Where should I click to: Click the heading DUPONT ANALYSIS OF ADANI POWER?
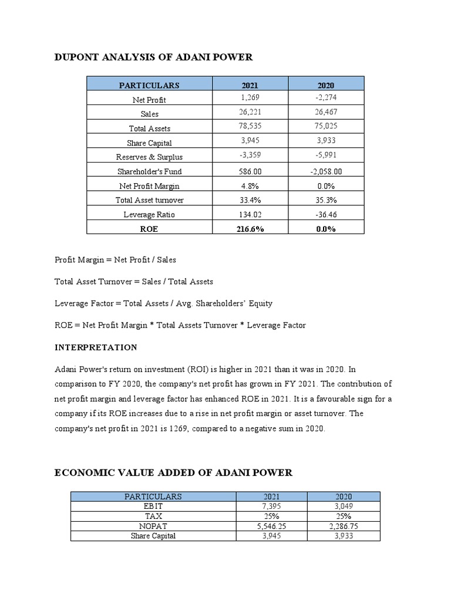click(153, 57)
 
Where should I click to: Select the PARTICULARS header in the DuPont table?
click(149, 85)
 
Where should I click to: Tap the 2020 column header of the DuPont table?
click(325, 85)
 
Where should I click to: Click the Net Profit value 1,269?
click(250, 97)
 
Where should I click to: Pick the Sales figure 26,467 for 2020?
click(325, 112)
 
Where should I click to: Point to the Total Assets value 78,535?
click(250, 126)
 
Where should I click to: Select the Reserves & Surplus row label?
click(149, 157)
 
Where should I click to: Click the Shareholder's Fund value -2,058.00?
click(325, 171)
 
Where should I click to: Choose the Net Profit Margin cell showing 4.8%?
click(250, 185)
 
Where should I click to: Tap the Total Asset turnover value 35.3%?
click(325, 200)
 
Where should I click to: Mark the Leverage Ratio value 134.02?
click(250, 214)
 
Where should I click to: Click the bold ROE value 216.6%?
click(250, 229)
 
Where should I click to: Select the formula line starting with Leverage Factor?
click(163, 303)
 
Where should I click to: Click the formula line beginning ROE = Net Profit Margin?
click(180, 325)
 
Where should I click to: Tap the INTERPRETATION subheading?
click(96, 347)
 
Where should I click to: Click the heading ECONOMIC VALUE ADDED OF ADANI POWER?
click(173, 472)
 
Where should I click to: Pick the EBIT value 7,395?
click(271, 505)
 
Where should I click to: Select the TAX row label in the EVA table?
click(153, 516)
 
